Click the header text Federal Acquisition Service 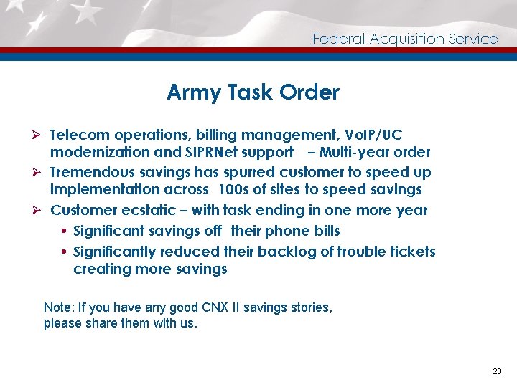405,39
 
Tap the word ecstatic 143,210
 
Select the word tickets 412,252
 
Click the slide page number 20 497,371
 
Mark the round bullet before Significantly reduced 65,252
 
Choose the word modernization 100,152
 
